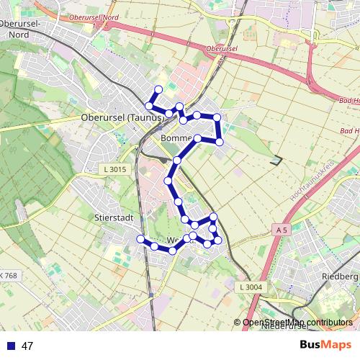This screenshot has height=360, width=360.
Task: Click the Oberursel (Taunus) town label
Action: coord(114,117)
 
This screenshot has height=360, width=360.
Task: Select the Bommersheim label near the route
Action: coord(176,137)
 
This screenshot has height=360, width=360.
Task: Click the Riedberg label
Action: coord(340,276)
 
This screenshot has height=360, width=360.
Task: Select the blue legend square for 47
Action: coord(9,346)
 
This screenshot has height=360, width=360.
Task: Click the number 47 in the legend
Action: coord(27,346)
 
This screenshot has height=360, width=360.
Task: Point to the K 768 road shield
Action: coord(9,276)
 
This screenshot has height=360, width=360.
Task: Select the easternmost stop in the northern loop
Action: coord(220,141)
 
